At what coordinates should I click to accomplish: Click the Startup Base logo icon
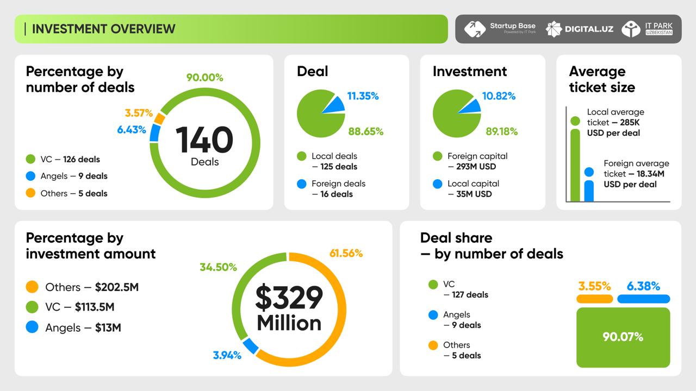coord(475,29)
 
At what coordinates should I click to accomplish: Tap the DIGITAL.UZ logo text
coord(589,29)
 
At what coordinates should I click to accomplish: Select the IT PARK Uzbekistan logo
coord(647,29)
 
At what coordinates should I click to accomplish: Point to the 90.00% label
coord(204,78)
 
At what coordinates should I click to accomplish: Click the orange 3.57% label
coord(139,113)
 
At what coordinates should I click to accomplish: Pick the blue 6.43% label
coord(131,130)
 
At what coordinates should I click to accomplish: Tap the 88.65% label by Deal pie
coord(365,131)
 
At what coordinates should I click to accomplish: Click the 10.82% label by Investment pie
coord(499,96)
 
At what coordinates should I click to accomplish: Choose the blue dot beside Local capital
coord(438,184)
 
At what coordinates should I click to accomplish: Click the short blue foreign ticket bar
coord(589,187)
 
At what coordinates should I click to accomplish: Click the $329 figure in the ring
coord(289,298)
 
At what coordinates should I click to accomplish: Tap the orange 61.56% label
coord(346,253)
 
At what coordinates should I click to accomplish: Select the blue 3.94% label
coord(227,356)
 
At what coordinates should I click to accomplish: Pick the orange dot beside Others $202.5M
coord(32,287)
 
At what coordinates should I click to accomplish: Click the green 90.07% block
coord(623,337)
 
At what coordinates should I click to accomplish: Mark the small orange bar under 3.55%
coord(594,299)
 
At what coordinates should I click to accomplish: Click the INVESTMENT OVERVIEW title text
coord(103,29)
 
